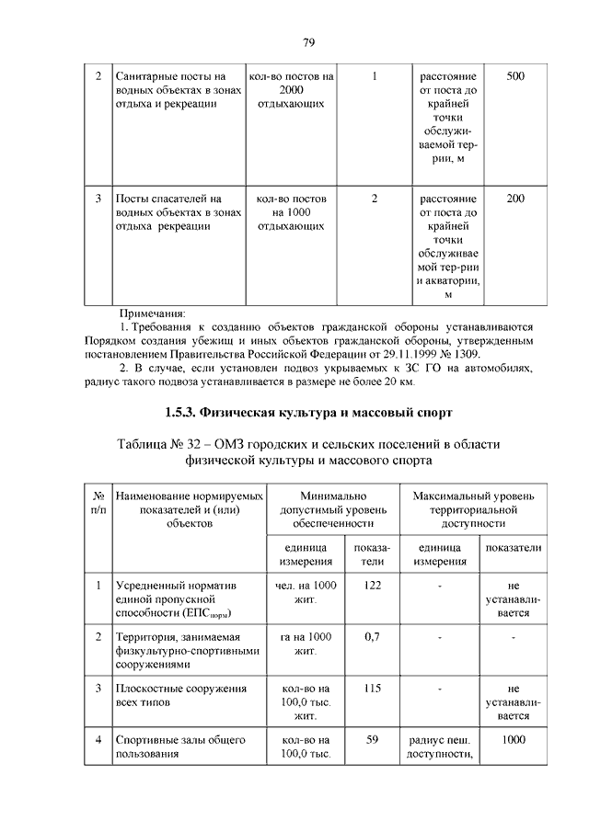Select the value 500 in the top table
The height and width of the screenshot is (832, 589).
coord(515,76)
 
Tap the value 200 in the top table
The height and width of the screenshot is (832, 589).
coord(515,198)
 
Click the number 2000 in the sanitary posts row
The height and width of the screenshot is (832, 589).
coord(291,90)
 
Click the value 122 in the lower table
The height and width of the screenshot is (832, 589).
coord(373,586)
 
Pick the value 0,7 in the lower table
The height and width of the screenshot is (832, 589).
coord(373,635)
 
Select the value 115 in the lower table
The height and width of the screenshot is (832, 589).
coord(373,688)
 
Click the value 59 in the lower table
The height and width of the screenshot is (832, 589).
coord(373,739)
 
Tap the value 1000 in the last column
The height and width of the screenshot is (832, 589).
coord(514,739)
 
